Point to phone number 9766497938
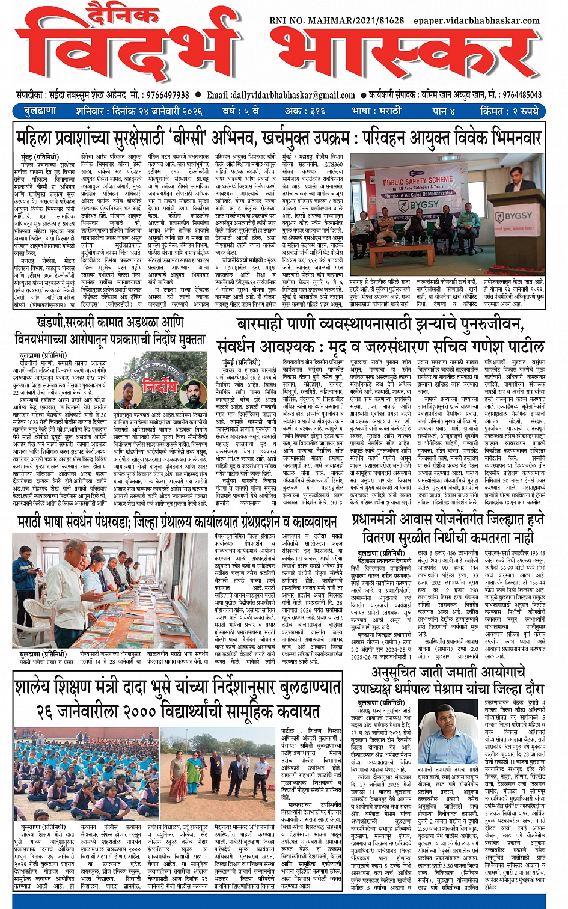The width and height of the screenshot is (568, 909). coord(166,95)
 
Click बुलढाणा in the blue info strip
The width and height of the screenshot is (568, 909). coord(41,112)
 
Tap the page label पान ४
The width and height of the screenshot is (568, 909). coord(444,112)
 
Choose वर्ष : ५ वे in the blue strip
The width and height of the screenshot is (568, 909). coord(240,112)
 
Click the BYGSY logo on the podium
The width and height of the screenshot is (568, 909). coord(517,215)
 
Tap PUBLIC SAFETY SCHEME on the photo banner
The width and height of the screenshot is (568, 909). coord(418,180)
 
